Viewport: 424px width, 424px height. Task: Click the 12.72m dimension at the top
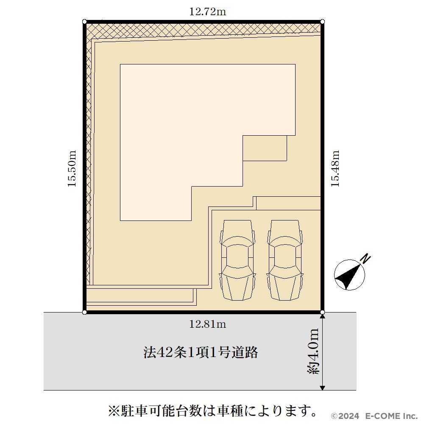pos(207,12)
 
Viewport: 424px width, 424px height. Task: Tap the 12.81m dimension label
pos(207,324)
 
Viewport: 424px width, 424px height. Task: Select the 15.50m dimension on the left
pos(72,168)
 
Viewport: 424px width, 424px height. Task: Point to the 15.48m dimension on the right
pos(335,168)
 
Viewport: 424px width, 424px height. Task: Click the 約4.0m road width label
pos(313,351)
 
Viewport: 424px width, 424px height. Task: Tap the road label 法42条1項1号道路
pos(201,352)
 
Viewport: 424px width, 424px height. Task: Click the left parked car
pos(238,260)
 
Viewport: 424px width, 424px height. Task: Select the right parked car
pos(285,260)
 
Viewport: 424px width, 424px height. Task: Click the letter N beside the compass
pos(366,259)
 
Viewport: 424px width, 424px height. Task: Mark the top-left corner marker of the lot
pos(84,22)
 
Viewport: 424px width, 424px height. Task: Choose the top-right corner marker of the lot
pos(322,22)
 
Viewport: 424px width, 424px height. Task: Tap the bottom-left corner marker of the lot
pos(84,312)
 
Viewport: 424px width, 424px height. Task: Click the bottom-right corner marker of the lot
pos(322,312)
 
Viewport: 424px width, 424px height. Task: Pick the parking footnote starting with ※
pos(212,411)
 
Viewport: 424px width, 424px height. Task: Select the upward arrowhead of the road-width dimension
pos(322,317)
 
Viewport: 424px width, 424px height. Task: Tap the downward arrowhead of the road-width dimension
pos(322,388)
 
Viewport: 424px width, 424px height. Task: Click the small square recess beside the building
pos(265,148)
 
